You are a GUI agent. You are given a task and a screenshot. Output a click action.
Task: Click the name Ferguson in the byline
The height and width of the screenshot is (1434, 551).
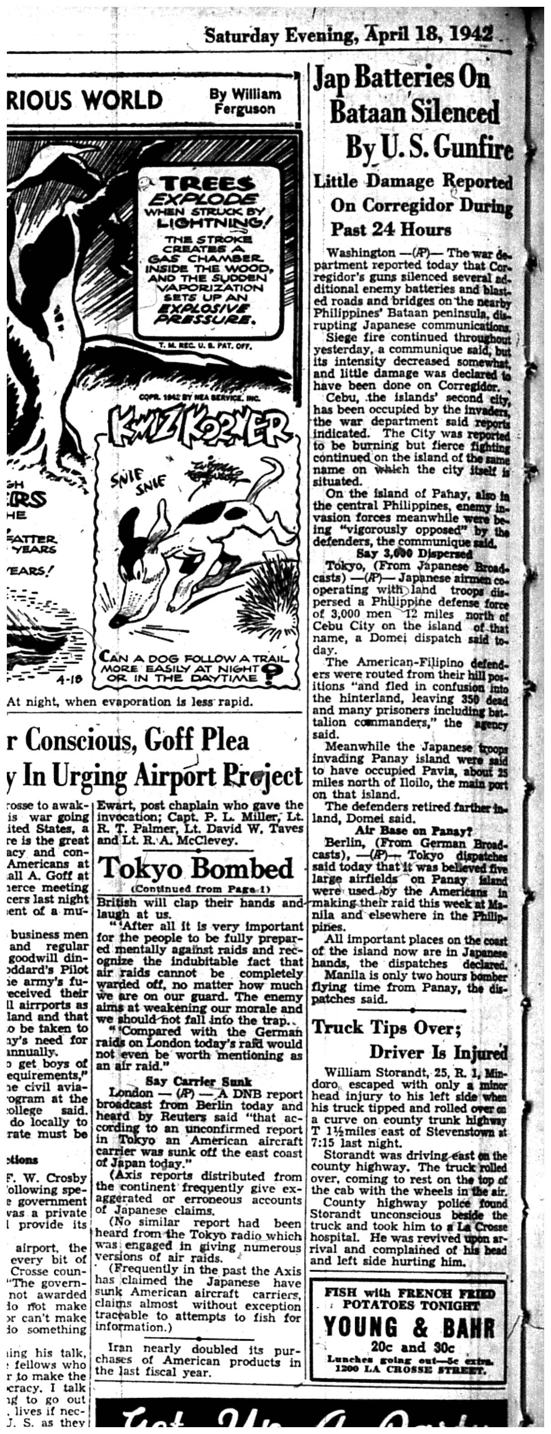[x=245, y=109]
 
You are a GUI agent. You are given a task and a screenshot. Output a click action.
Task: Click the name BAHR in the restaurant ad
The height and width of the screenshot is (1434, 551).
[x=468, y=1327]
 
